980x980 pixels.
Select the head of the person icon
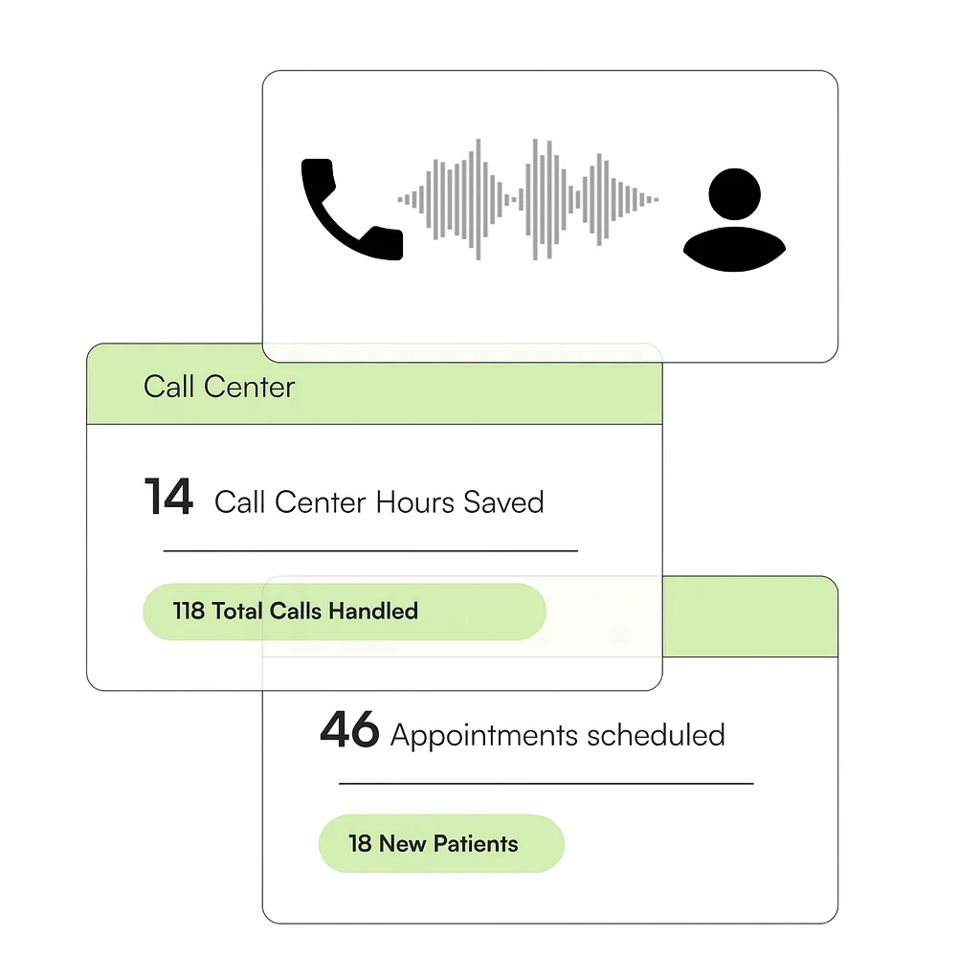pos(734,193)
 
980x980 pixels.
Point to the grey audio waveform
pos(528,199)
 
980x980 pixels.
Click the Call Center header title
pos(219,387)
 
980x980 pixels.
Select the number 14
pos(168,499)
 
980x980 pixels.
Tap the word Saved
pos(503,501)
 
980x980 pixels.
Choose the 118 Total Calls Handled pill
pos(345,612)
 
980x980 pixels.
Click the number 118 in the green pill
pos(189,611)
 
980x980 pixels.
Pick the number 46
pos(348,731)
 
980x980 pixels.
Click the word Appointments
pos(484,735)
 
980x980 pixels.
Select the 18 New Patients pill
pos(441,844)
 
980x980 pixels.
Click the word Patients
pos(476,844)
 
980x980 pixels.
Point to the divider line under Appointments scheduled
pos(546,784)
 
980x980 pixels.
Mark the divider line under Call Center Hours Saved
pos(370,551)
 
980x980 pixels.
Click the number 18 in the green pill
pos(360,844)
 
